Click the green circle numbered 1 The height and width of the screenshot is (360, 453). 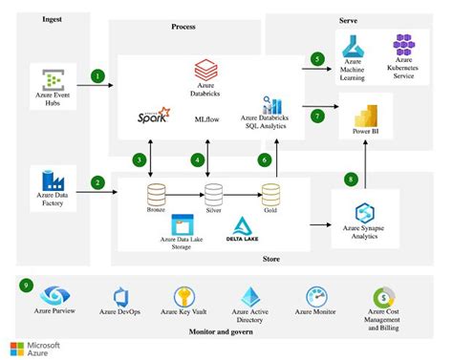click(97, 74)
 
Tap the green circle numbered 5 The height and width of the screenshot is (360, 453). click(317, 58)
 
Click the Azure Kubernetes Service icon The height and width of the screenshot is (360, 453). click(403, 44)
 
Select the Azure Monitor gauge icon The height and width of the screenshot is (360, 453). click(318, 297)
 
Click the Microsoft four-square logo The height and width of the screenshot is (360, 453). click(21, 347)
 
